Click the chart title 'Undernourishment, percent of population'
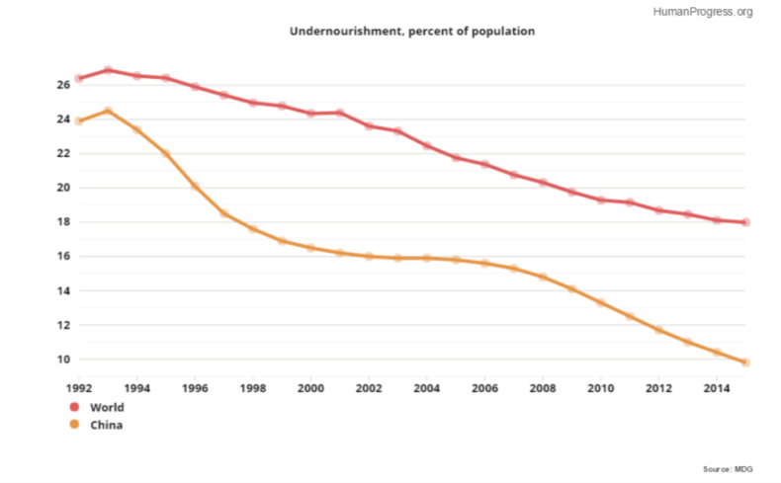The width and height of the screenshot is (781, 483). coord(411,32)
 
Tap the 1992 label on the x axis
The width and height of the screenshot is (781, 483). coord(79,388)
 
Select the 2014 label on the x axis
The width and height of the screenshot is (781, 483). coord(717,388)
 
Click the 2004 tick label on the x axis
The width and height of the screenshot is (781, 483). coord(427,388)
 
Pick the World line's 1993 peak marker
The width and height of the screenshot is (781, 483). coord(108,70)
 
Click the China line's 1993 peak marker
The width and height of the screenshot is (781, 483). coord(108,111)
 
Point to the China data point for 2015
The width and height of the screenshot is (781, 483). coord(746,362)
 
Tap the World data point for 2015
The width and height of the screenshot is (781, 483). coord(746,222)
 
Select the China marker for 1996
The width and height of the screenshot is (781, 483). coord(195,186)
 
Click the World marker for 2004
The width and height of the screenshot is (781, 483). coord(427,145)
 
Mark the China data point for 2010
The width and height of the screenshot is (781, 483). coord(601,302)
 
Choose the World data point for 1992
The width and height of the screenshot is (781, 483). coord(79,78)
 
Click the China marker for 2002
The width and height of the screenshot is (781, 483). coord(369,256)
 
